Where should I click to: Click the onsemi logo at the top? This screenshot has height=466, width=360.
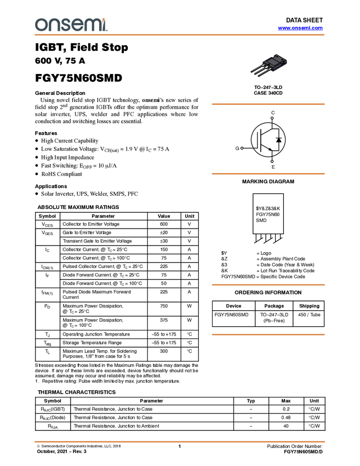pos(71,25)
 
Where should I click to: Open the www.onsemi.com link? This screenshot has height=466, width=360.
pos(300,28)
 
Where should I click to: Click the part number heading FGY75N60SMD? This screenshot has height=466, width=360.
pos(78,78)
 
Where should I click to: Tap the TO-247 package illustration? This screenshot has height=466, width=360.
pos(269,65)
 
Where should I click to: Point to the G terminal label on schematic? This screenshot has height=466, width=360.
pos(237,148)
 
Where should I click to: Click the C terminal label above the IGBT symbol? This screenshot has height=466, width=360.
pos(273,113)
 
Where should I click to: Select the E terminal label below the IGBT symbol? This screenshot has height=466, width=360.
pos(273,167)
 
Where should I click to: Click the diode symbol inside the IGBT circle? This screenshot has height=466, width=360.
pos(278,140)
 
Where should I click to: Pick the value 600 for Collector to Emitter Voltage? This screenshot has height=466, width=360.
pos(164,224)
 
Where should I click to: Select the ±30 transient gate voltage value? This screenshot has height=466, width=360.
pos(164,241)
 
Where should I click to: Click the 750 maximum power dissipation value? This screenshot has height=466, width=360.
pos(164,306)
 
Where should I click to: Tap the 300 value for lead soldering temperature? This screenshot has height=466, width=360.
pos(164,351)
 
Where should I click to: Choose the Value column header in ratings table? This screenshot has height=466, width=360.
pos(164,216)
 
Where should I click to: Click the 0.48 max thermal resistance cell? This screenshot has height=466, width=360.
pos(285,417)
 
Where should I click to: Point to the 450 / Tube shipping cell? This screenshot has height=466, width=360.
pos(309,315)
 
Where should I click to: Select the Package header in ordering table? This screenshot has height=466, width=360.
pos(274,306)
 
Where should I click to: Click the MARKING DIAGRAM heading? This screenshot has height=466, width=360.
pos(268,181)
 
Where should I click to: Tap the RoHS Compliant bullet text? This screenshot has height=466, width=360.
pos(61,174)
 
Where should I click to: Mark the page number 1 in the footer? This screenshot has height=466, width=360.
pos(180,446)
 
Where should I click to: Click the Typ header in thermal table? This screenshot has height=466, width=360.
pos(251,401)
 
